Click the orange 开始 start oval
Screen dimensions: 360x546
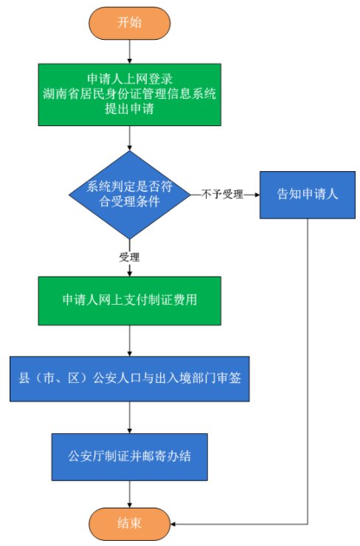coord(130,23)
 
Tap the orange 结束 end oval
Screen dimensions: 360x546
coord(130,524)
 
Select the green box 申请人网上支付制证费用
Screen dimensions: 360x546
coord(130,301)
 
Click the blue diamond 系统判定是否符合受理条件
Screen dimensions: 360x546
coord(130,195)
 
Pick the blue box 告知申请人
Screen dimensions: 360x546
coord(308,195)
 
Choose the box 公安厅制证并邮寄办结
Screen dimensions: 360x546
coord(130,457)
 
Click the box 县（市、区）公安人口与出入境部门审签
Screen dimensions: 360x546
coord(130,379)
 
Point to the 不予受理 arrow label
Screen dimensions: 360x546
coord(222,194)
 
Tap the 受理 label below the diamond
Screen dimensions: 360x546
coord(129,258)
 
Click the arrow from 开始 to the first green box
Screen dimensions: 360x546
coord(130,52)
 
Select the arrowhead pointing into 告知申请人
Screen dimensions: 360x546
coord(257,195)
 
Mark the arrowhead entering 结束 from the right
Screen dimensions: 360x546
coord(173,524)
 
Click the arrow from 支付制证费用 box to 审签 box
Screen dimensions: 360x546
coord(130,341)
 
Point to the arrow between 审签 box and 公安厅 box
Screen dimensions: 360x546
coord(130,417)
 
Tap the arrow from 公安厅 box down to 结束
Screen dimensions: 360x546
coord(130,494)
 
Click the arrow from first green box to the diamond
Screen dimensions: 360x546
coord(130,138)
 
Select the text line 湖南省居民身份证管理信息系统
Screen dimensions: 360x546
coord(130,94)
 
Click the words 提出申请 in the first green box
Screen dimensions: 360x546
coord(130,108)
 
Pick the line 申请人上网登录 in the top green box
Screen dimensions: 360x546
coord(130,79)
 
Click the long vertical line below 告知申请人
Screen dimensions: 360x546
coord(308,371)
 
